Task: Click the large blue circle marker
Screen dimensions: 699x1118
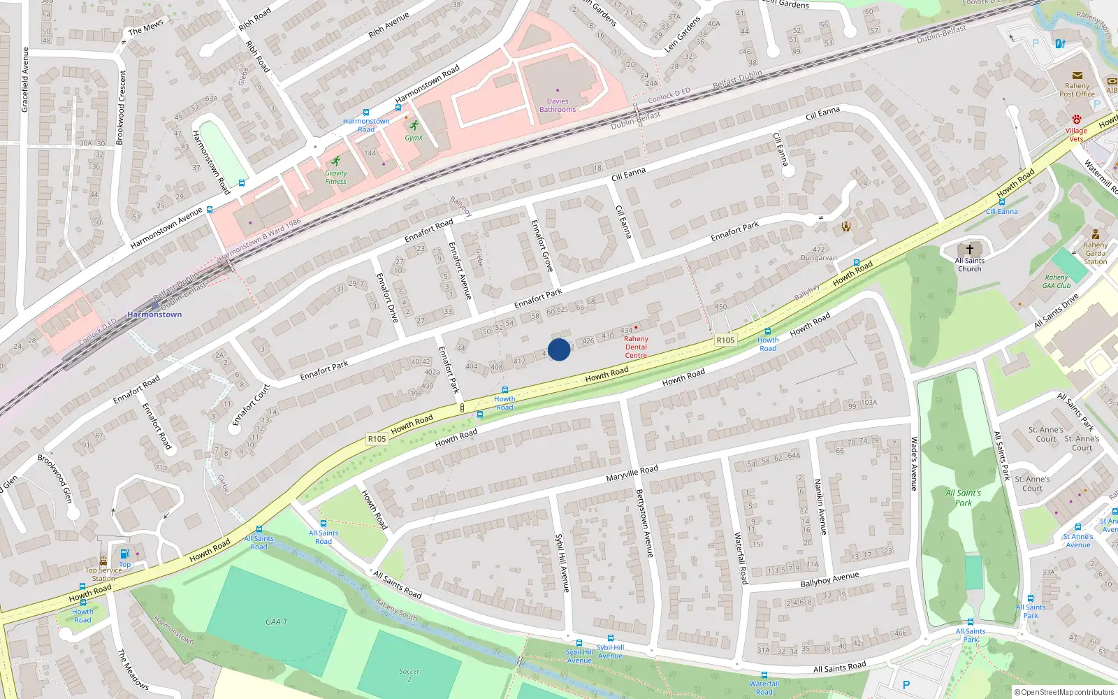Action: tap(559, 349)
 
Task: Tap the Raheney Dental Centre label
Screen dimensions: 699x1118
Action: tap(636, 347)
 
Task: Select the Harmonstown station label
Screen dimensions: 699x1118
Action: tap(154, 315)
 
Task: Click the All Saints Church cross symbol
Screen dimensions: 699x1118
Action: tap(969, 250)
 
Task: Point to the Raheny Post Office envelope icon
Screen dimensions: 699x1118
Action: tap(1077, 75)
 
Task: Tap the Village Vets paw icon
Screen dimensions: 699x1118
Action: tap(1077, 120)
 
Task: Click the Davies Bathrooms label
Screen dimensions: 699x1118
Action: tap(558, 106)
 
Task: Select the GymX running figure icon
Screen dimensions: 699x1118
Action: tap(414, 126)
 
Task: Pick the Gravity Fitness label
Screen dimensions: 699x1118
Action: tap(335, 178)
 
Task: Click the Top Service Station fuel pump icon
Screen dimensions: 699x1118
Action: tap(124, 554)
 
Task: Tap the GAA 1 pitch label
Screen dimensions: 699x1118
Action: tap(276, 621)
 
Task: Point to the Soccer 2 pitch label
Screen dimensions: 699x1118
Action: tap(409, 675)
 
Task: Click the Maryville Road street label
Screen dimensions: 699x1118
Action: tap(632, 473)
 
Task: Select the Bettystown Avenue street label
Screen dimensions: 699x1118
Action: tap(644, 522)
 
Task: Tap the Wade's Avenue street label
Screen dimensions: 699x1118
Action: tap(913, 463)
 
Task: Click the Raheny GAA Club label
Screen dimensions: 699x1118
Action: tap(1057, 282)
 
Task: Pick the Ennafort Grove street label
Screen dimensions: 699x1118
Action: tap(542, 245)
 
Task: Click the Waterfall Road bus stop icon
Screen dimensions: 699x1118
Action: tap(764, 675)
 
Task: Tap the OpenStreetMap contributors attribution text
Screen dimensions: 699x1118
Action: tap(1065, 693)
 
